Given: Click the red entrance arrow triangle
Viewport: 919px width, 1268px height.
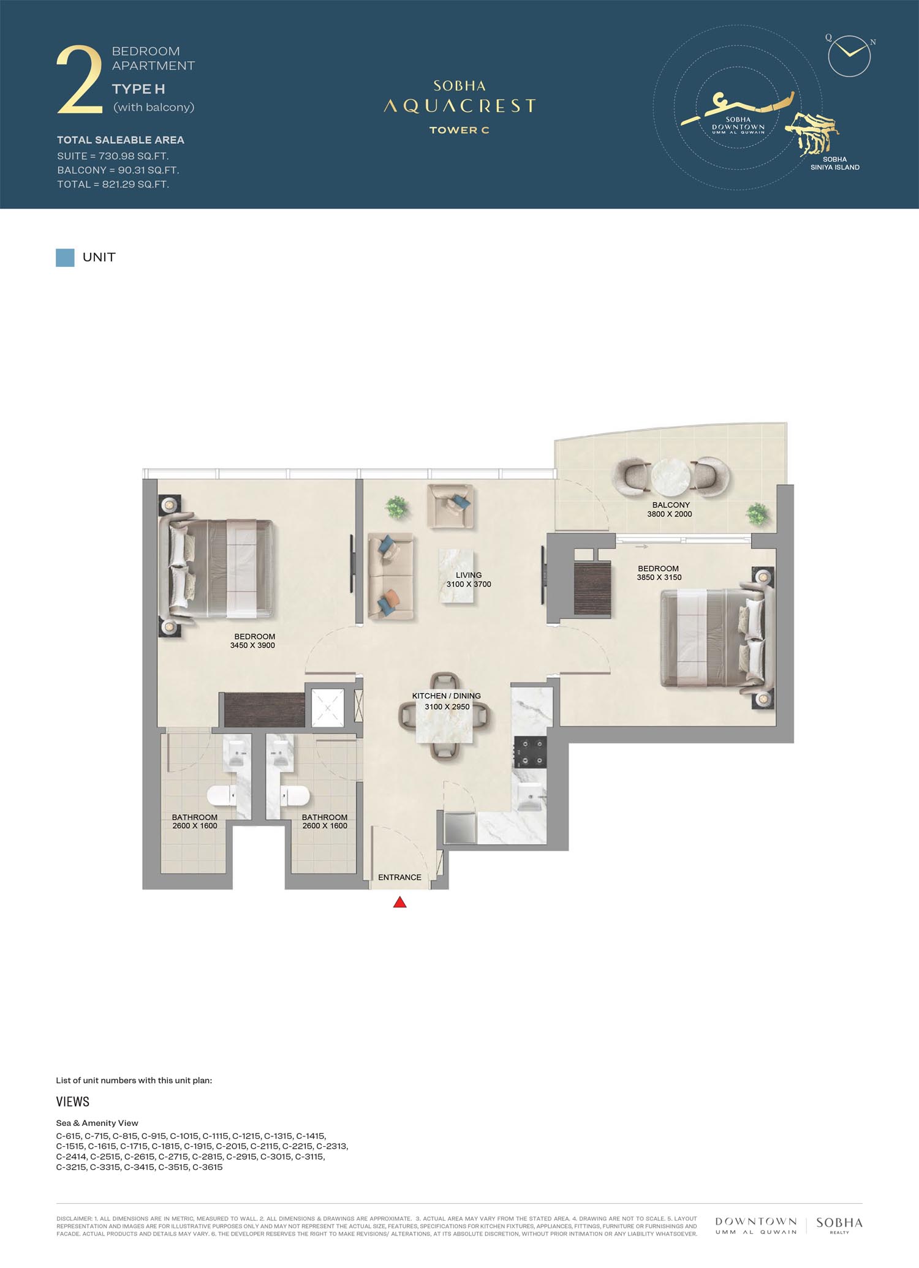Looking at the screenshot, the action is coord(399,902).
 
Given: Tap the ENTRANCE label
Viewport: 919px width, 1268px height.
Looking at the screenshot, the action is coord(399,877).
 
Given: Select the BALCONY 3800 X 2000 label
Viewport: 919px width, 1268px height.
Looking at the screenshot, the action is coord(670,509).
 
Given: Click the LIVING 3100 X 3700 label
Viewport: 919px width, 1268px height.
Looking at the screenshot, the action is coord(469,580).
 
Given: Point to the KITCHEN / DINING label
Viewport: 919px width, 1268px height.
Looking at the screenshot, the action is coord(446,696).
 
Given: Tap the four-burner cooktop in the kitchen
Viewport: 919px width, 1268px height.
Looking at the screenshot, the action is coord(531,752).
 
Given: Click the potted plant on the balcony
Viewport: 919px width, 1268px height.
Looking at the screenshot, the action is coord(757,513).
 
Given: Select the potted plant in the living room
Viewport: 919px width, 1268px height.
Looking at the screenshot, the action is coord(397,507).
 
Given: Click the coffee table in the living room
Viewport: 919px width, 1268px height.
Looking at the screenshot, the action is coord(457,576).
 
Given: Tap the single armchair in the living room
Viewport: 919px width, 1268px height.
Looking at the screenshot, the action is coord(451,506).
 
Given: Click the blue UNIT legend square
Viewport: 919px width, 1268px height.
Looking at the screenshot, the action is coord(65,258).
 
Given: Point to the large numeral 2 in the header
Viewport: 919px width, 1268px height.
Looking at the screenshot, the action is coord(79,80).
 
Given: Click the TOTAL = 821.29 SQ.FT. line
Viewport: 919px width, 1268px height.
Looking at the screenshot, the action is coord(113,184).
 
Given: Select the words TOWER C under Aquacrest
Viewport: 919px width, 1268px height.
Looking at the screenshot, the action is coord(459,130).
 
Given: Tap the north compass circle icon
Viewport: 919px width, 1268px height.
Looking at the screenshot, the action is coord(849,55).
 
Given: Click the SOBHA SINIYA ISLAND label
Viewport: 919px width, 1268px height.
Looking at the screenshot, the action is coord(834,163).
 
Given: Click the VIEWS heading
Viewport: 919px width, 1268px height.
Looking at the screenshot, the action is coord(73,1102).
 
